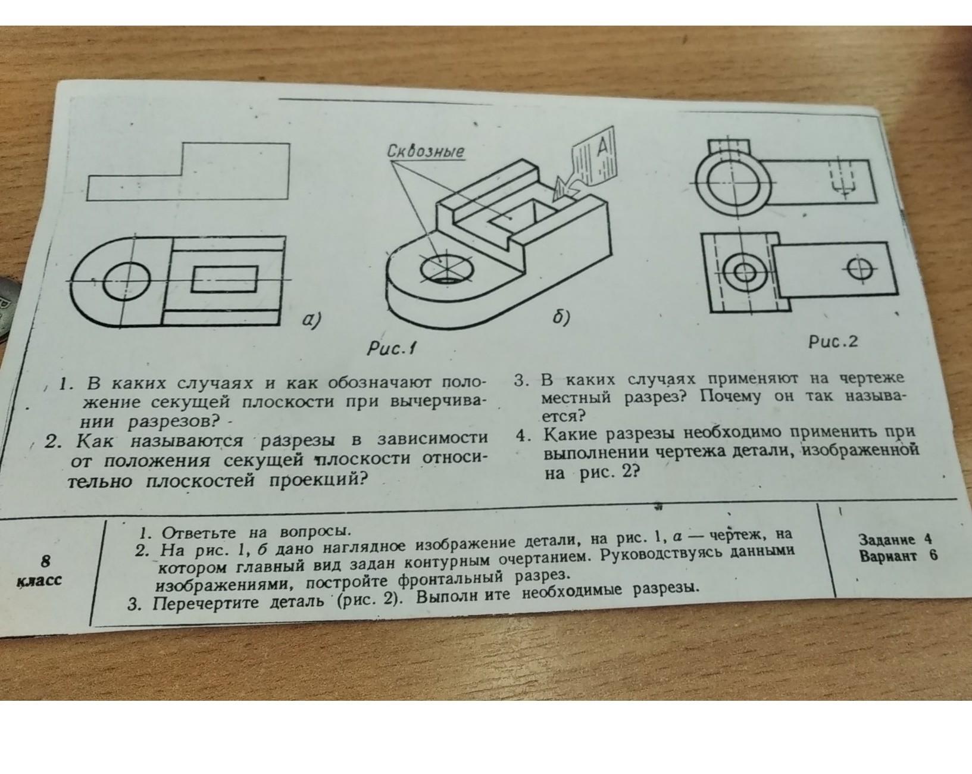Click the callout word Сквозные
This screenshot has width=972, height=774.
point(426,151)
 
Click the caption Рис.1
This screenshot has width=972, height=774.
point(391,348)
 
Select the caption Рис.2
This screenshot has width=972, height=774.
point(833,342)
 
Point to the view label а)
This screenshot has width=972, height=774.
point(312,320)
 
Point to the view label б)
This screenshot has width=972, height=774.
point(561,317)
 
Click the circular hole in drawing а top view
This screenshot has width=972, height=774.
point(126,280)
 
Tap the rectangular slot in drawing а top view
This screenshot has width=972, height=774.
point(225,279)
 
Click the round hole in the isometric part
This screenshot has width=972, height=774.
point(447,269)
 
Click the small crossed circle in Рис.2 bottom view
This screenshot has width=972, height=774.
point(860,270)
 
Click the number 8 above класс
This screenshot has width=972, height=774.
point(46,561)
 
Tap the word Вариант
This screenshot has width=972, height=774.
point(889,555)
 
